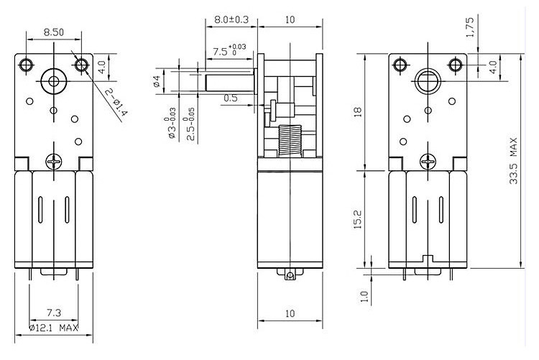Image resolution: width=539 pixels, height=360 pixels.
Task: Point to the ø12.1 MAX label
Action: coord(53,328)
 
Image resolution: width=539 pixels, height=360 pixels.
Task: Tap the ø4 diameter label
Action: coord(157,80)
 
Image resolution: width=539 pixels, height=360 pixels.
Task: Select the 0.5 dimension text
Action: coord(230,97)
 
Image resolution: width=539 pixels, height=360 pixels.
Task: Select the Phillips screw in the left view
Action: coord(55,162)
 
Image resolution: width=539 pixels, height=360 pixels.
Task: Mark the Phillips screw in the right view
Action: coord(429,162)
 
